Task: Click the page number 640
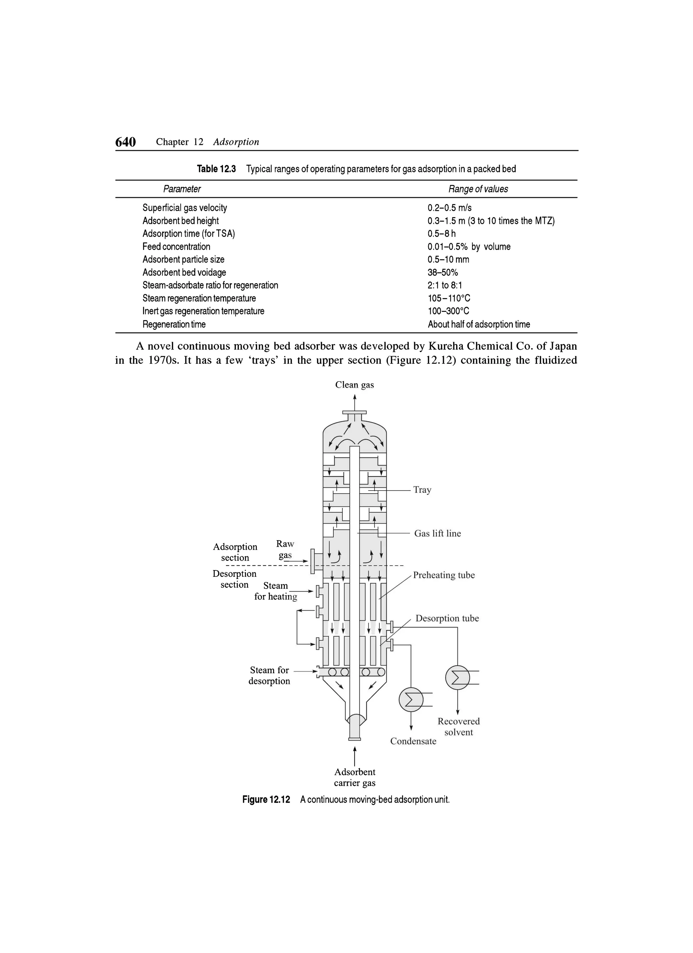(x=125, y=142)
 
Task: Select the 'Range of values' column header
(x=478, y=189)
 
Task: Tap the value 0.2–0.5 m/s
(x=449, y=208)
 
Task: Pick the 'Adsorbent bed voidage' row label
(x=184, y=273)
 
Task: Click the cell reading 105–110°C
(x=449, y=298)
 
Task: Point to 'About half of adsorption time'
(x=479, y=324)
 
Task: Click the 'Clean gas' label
(x=354, y=385)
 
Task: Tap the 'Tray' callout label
(x=422, y=490)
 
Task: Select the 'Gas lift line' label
(x=437, y=534)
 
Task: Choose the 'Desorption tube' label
(x=447, y=618)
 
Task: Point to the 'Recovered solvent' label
(x=458, y=727)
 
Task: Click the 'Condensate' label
(x=413, y=741)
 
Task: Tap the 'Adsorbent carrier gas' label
(x=355, y=777)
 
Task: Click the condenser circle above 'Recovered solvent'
(x=457, y=677)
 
